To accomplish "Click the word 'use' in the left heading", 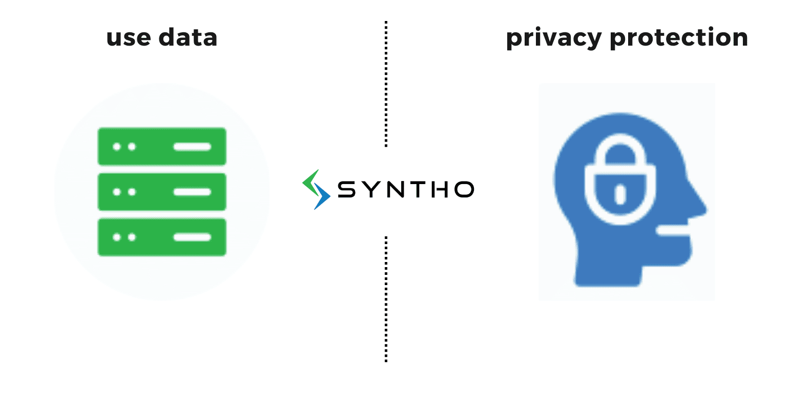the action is pos(129,38).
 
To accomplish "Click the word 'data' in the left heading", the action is pos(188,37).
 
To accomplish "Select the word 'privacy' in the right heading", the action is pos(554,38).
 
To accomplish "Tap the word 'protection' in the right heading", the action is pos(679,37).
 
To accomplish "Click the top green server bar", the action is pos(162,146).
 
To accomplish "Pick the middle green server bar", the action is pos(162,192).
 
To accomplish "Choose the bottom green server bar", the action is pos(162,237).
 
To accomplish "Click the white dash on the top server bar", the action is pos(192,147).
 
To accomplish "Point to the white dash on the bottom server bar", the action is pos(192,237).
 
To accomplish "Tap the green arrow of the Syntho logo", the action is pos(309,183).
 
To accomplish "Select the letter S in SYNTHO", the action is pos(346,189).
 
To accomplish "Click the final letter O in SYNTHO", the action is pos(464,189).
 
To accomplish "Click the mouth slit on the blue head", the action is pos(673,230).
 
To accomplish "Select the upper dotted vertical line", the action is pos(386,84).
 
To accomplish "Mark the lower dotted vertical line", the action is pos(386,299).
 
